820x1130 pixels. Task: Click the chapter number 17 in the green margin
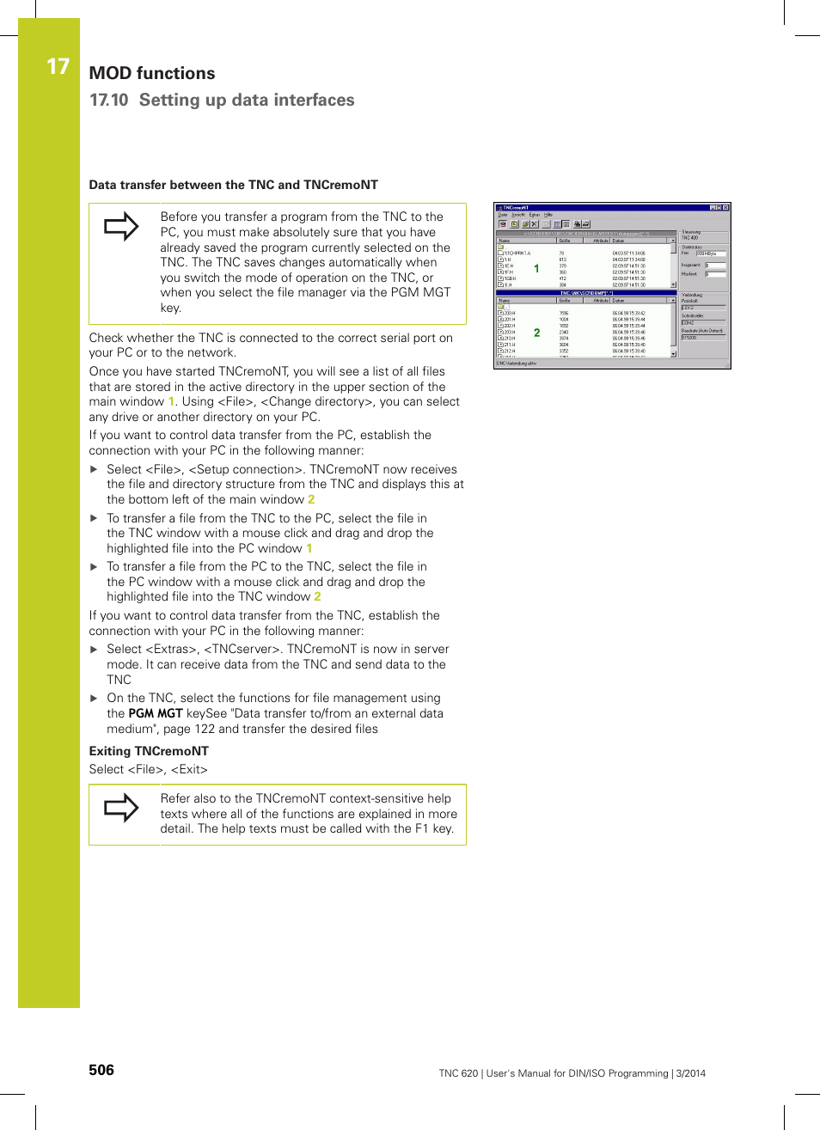(58, 67)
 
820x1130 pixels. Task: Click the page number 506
(101, 1070)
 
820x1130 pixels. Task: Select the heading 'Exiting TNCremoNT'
(149, 751)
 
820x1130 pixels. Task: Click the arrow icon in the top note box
(121, 227)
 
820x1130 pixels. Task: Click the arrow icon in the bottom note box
(121, 808)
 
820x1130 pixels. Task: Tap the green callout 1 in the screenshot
(537, 269)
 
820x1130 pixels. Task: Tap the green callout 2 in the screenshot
(537, 333)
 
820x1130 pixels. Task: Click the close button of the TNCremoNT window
(725, 208)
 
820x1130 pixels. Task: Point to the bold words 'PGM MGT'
(156, 713)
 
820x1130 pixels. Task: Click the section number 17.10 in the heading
(108, 101)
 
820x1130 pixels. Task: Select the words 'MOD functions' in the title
(152, 74)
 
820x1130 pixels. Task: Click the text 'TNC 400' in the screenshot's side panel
(690, 238)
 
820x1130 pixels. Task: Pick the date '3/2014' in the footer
(690, 1073)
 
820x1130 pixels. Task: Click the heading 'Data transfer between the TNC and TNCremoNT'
(233, 185)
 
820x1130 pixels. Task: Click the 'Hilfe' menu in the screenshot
(548, 215)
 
